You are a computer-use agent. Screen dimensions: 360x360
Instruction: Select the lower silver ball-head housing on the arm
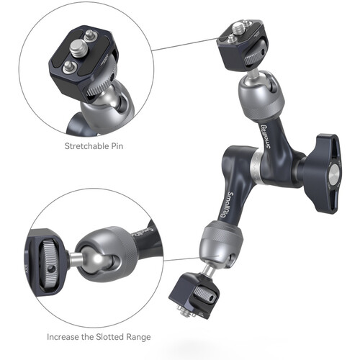(220, 242)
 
